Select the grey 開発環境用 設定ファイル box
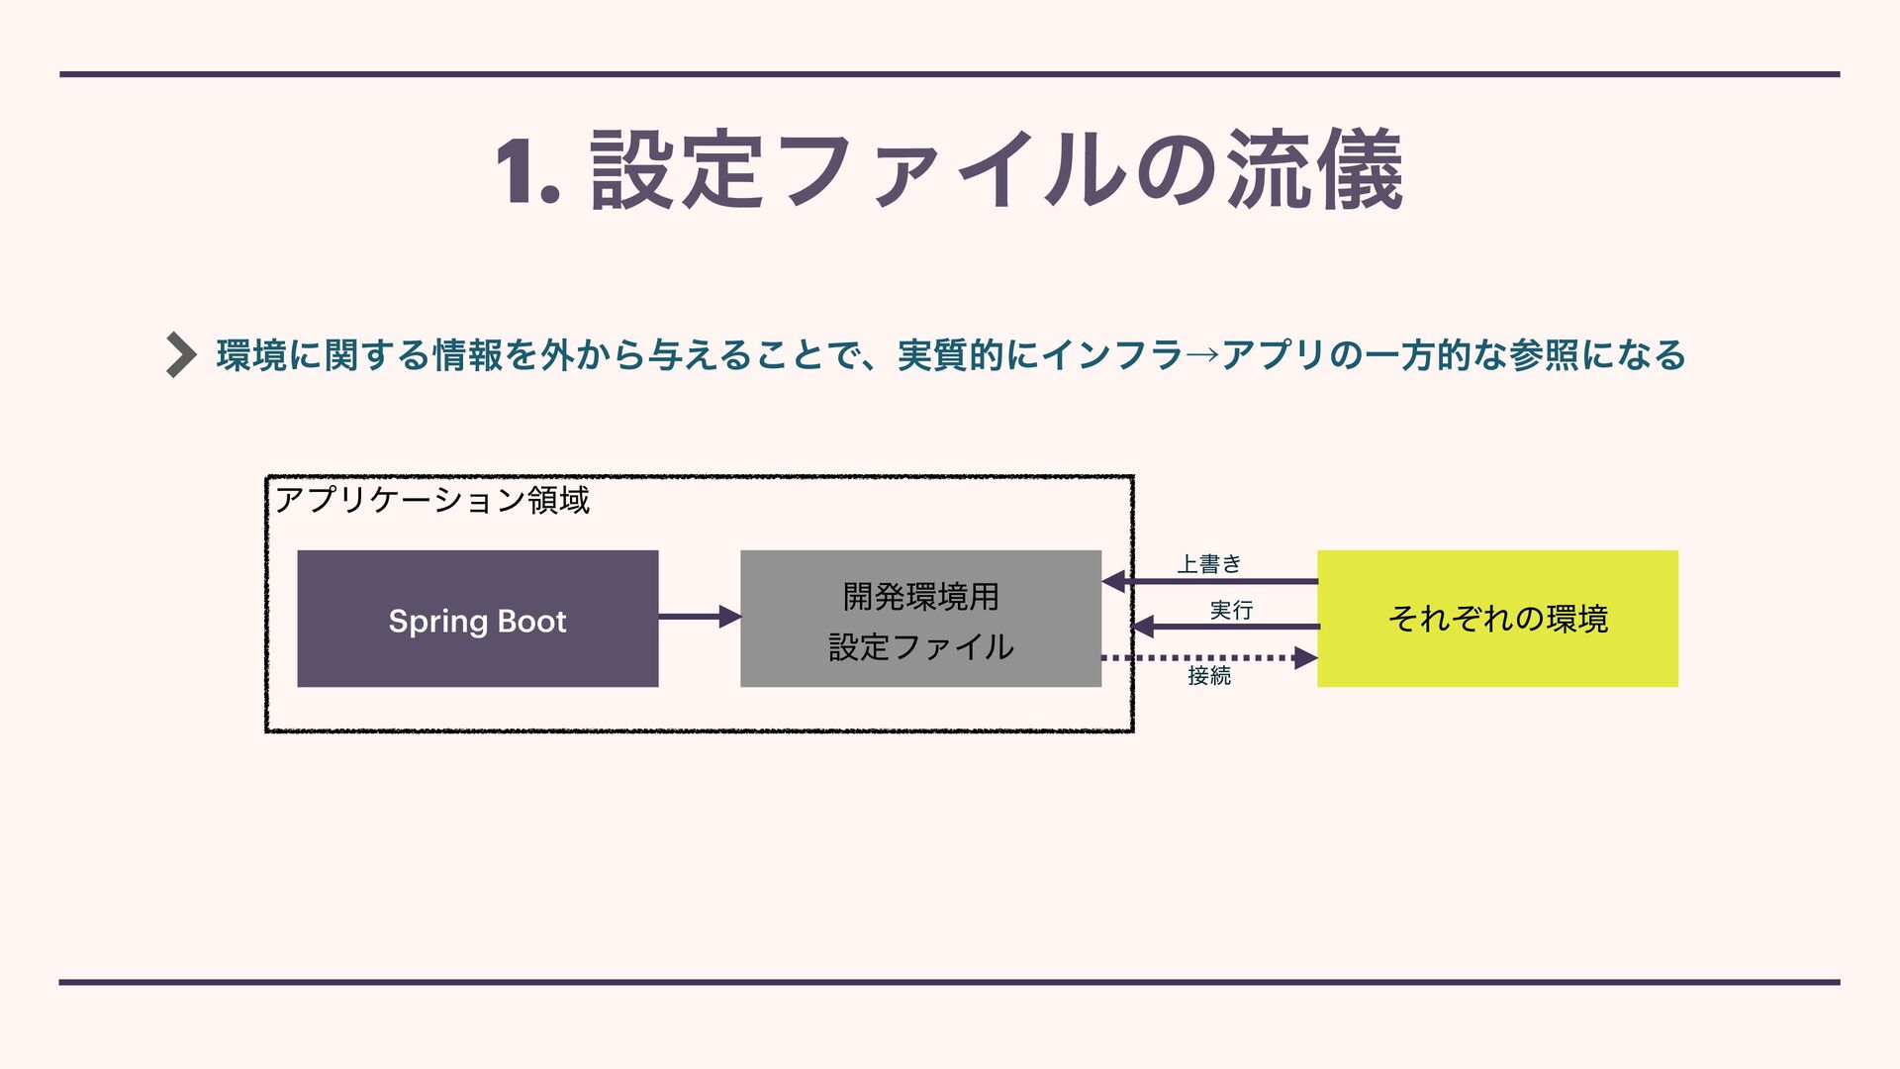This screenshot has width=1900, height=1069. click(x=920, y=619)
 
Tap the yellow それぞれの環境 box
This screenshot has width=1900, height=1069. click(x=1497, y=619)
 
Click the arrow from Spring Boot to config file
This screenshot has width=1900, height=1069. click(x=699, y=617)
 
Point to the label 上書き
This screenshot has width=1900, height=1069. click(x=1208, y=564)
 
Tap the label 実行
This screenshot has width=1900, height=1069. click(x=1231, y=610)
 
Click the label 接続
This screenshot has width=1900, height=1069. click(x=1209, y=676)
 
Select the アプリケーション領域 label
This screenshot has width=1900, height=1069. click(x=431, y=500)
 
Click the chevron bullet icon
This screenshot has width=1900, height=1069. click(x=181, y=354)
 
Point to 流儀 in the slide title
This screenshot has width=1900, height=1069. click(x=1313, y=171)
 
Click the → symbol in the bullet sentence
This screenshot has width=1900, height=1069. click(x=1202, y=355)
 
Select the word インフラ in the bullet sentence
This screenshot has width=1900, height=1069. click(x=1112, y=355)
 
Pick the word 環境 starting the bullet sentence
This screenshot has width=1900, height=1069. click(x=252, y=355)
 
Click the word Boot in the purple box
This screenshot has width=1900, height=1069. click(x=531, y=622)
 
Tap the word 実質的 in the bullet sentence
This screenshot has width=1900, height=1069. click(x=951, y=355)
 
